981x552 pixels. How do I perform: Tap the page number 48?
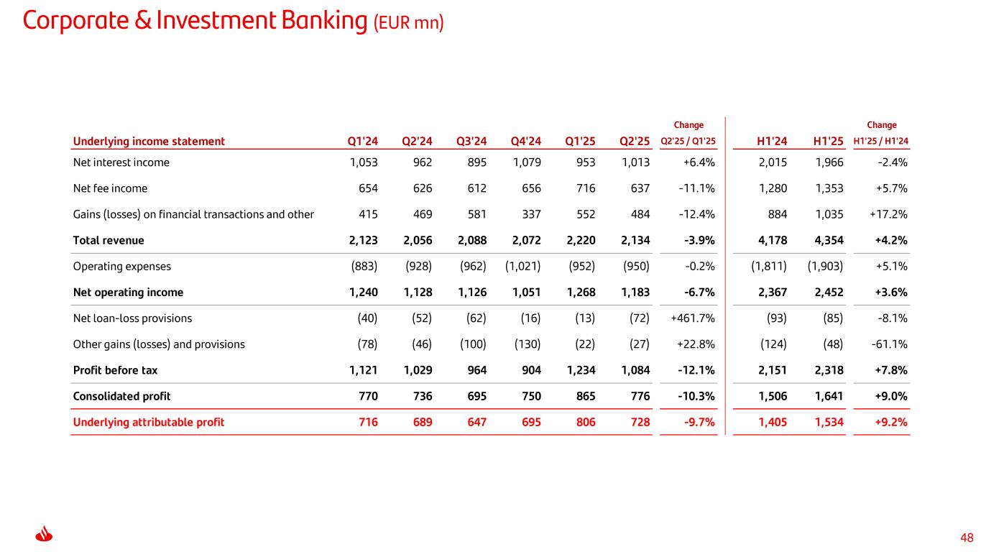pyautogui.click(x=967, y=538)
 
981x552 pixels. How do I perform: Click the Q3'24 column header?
pyautogui.click(x=471, y=141)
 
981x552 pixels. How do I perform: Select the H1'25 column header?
pyautogui.click(x=826, y=141)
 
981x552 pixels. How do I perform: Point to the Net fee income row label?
pyautogui.click(x=110, y=188)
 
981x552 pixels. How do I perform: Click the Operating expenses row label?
pyautogui.click(x=122, y=266)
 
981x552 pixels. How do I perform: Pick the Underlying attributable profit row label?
pyautogui.click(x=149, y=422)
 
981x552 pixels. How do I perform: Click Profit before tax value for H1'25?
pyautogui.click(x=826, y=370)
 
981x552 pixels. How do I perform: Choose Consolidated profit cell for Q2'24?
pyautogui.click(x=418, y=396)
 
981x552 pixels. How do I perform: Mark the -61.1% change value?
pyautogui.click(x=888, y=344)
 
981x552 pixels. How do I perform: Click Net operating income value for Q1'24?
pyautogui.click(x=362, y=293)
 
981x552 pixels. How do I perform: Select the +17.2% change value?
pyautogui.click(x=888, y=214)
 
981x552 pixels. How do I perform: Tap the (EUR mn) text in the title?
pyautogui.click(x=408, y=24)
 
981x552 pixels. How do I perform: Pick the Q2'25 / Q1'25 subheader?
pyautogui.click(x=688, y=142)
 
